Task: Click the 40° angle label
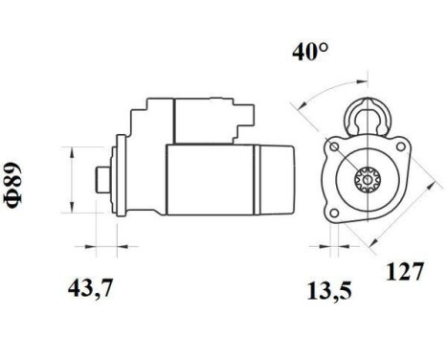[310, 53]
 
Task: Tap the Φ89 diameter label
[13, 185]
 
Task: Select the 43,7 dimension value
[90, 288]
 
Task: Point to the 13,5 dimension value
[329, 291]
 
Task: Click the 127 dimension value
[405, 272]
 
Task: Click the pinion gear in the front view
[368, 180]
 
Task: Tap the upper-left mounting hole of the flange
[334, 147]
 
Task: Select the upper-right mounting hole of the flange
[400, 146]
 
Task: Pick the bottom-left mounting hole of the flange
[334, 213]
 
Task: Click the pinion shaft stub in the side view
[103, 180]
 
